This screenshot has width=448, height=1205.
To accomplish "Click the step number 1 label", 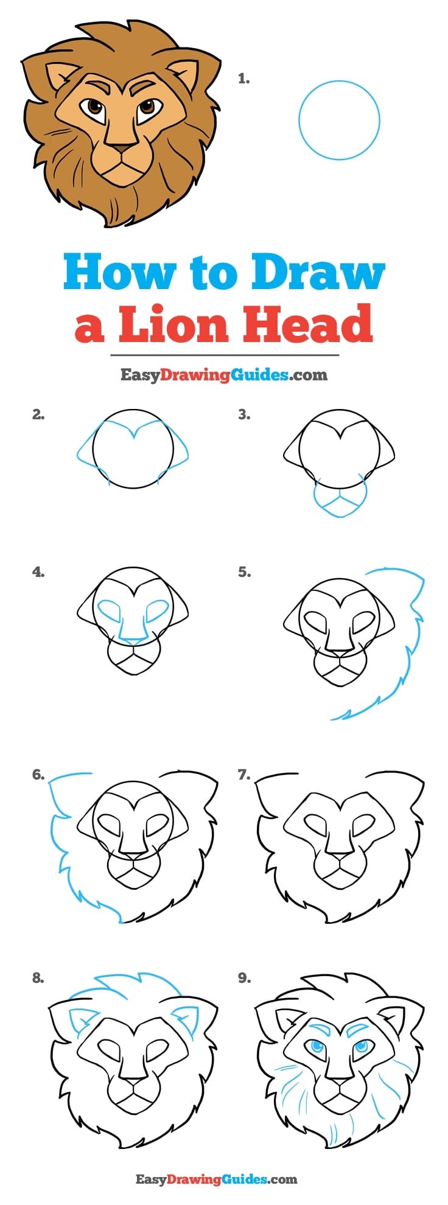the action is click(x=243, y=79).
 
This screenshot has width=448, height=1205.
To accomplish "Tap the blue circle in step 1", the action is click(x=299, y=120).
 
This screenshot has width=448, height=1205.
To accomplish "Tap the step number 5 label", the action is click(x=244, y=572).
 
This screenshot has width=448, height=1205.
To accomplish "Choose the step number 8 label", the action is click(x=38, y=978).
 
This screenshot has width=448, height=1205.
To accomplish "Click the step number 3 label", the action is click(x=244, y=414).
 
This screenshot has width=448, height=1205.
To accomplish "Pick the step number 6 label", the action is click(x=38, y=775).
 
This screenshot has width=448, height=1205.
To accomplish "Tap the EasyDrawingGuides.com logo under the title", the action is click(x=223, y=374).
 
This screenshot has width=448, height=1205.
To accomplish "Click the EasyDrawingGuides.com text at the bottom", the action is click(x=216, y=1179).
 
